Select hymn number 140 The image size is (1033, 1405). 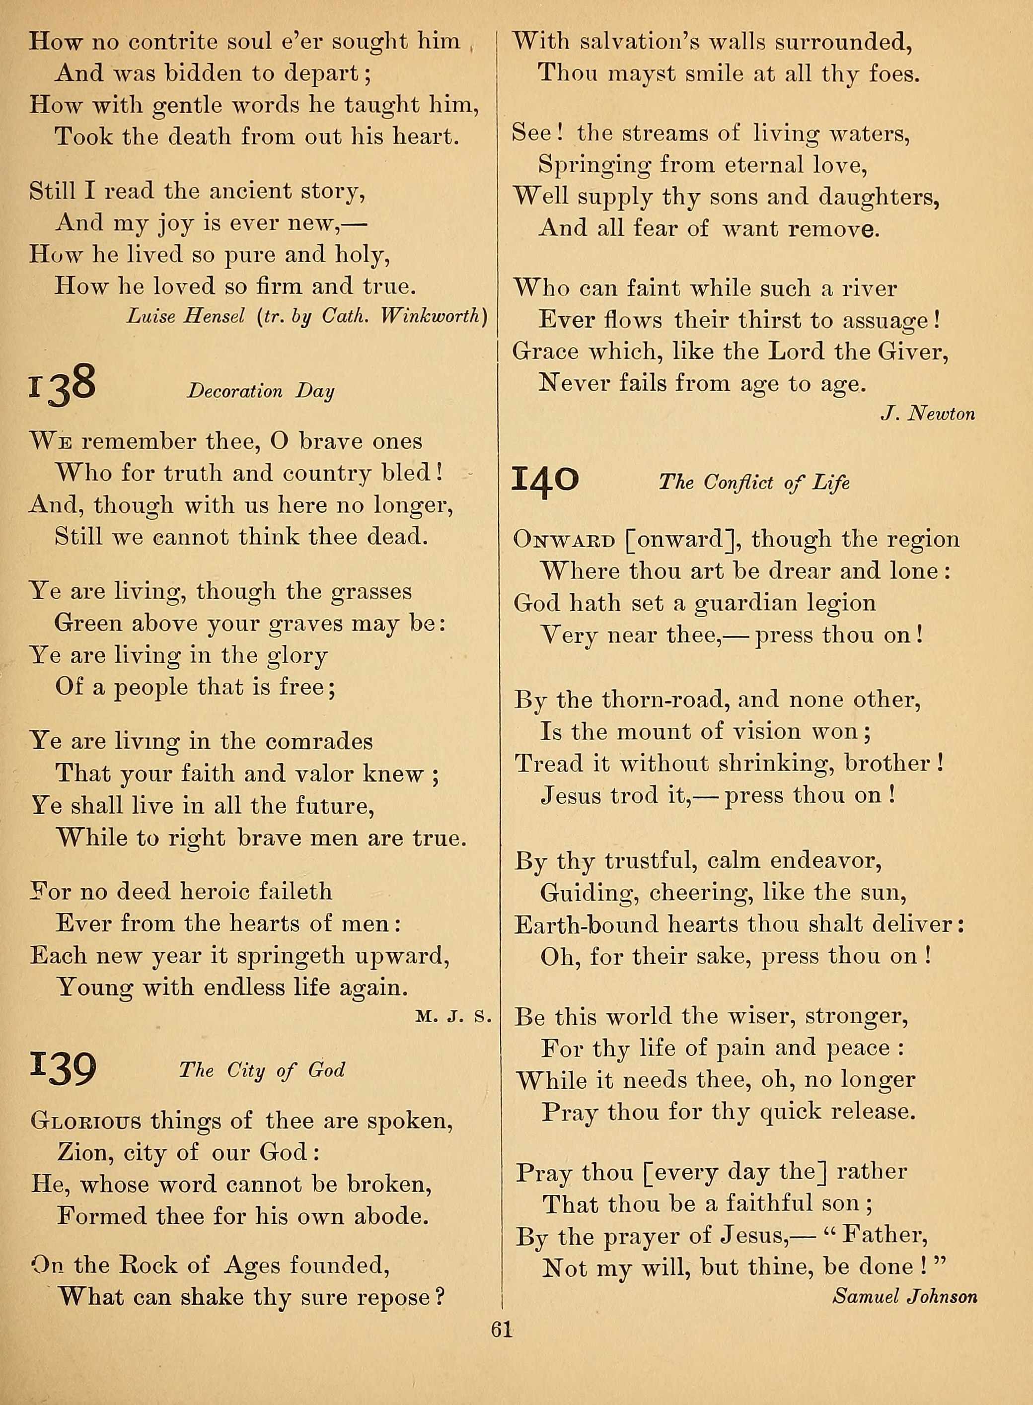point(545,481)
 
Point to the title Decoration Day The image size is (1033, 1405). point(261,392)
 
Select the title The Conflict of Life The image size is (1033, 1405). point(754,483)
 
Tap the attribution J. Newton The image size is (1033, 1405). point(927,413)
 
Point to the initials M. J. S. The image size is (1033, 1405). point(450,1017)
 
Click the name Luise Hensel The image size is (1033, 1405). point(186,317)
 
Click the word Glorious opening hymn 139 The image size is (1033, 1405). point(85,1121)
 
